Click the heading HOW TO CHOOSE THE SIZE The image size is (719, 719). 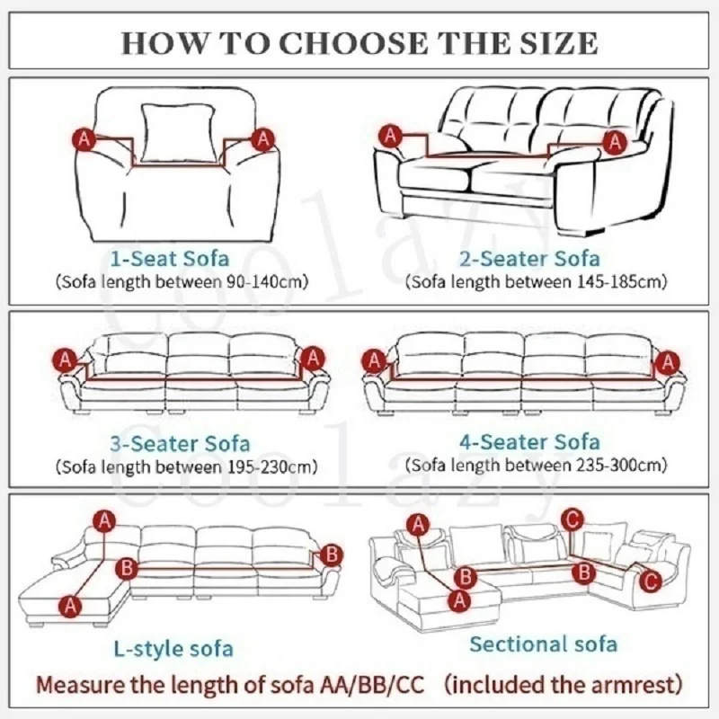(x=359, y=41)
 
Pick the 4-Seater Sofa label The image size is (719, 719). (x=536, y=442)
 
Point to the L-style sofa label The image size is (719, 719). (x=173, y=648)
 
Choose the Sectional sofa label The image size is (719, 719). (x=543, y=644)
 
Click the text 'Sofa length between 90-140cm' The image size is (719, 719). (x=183, y=282)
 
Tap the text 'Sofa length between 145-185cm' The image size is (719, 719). (x=537, y=282)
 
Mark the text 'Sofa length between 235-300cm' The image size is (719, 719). (x=537, y=466)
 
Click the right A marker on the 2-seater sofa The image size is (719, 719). (x=615, y=140)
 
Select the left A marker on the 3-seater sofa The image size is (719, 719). (x=66, y=359)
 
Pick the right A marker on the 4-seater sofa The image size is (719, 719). (x=667, y=361)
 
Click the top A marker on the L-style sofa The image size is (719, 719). (x=106, y=520)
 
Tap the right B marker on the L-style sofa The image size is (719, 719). (x=332, y=553)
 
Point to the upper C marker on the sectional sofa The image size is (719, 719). (x=573, y=519)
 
